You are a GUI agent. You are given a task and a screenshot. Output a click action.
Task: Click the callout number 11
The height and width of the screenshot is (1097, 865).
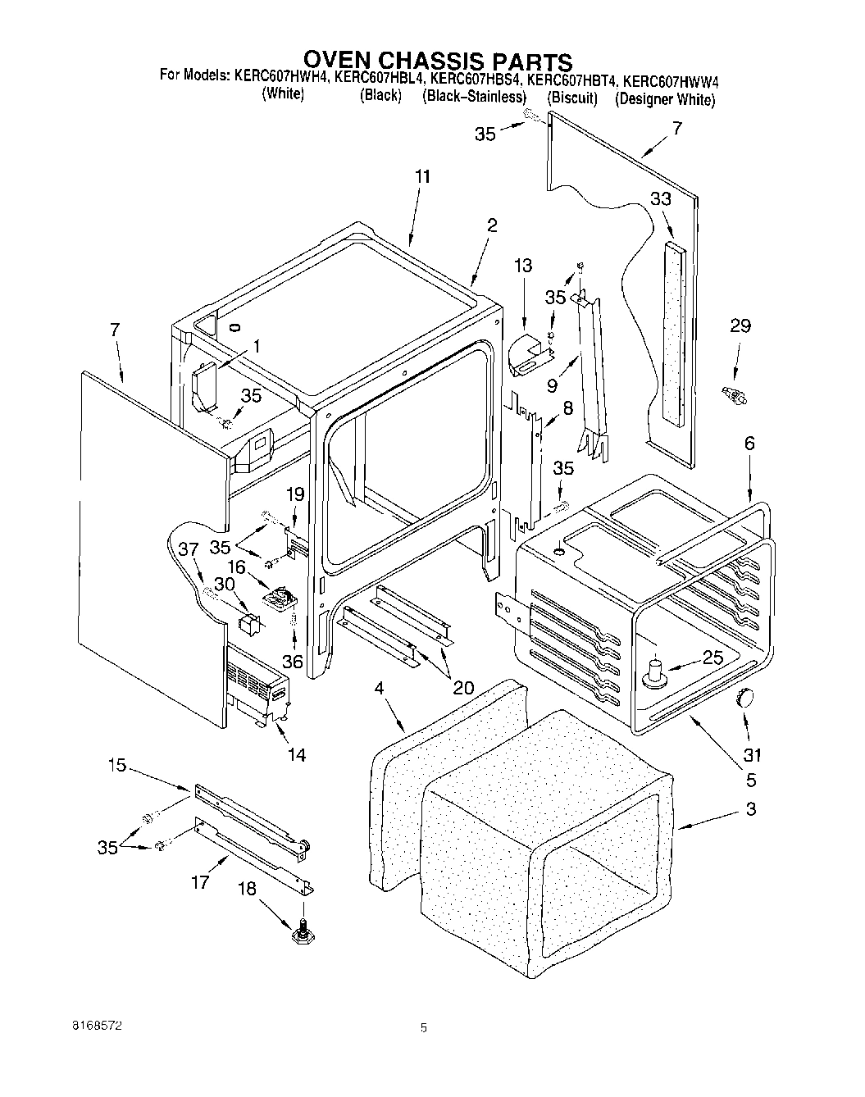pyautogui.click(x=422, y=177)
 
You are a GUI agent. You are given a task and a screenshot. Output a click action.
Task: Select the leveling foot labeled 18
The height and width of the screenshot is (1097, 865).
pyautogui.click(x=303, y=933)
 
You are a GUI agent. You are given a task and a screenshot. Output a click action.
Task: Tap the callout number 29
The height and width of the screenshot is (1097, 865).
pyautogui.click(x=740, y=326)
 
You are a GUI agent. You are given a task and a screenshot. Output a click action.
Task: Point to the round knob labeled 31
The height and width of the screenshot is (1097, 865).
pyautogui.click(x=745, y=698)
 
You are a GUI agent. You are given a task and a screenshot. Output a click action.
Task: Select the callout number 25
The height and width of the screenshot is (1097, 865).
pyautogui.click(x=713, y=656)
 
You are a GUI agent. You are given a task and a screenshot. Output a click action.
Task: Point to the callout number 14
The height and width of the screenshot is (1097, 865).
pyautogui.click(x=296, y=754)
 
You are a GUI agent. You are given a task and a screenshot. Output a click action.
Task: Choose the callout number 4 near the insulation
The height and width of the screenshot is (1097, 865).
pyautogui.click(x=379, y=690)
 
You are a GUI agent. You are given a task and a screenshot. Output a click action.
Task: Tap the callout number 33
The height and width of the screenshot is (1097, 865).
pyautogui.click(x=661, y=198)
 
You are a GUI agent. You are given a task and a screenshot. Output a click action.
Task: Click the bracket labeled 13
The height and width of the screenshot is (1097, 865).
pyautogui.click(x=530, y=354)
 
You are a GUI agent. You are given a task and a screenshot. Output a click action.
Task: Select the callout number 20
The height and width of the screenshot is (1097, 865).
pyautogui.click(x=463, y=687)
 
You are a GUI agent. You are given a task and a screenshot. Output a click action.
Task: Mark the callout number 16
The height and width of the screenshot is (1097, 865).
pyautogui.click(x=236, y=567)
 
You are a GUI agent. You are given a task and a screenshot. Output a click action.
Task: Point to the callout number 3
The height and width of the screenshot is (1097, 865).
pyautogui.click(x=751, y=808)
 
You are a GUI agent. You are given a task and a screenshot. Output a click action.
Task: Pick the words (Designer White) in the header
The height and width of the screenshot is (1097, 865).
pyautogui.click(x=665, y=98)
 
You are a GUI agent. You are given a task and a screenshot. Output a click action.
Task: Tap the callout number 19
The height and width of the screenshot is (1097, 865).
pyautogui.click(x=295, y=494)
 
